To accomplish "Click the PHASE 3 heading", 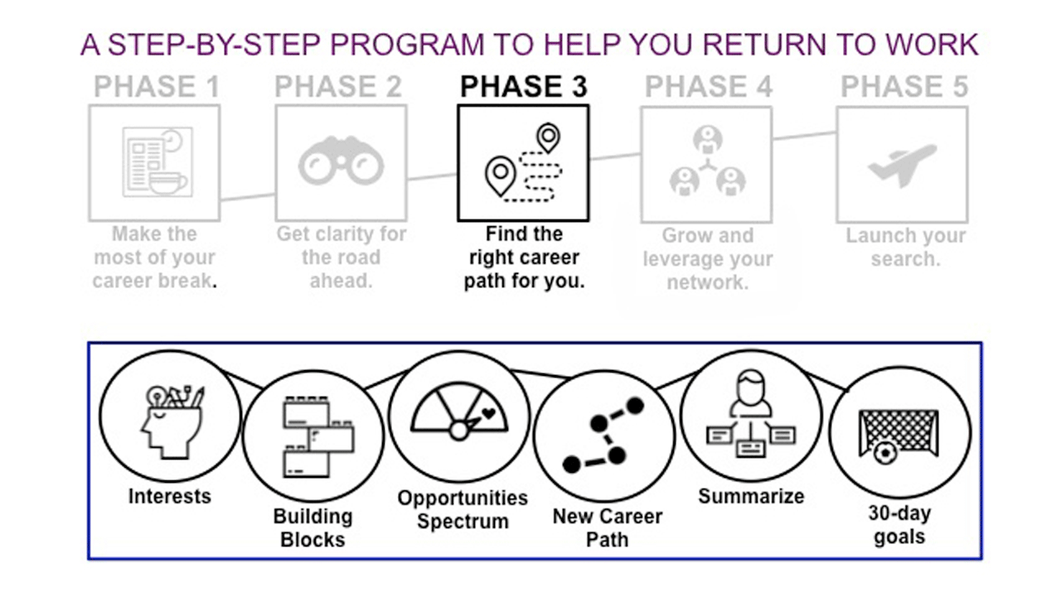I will click(x=523, y=86).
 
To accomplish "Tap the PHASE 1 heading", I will click(x=157, y=86).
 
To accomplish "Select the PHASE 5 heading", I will click(x=904, y=86).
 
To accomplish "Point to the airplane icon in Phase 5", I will click(x=902, y=164).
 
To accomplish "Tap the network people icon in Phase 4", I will click(x=706, y=161).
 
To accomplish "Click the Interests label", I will click(x=169, y=497).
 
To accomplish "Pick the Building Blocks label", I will click(x=312, y=527).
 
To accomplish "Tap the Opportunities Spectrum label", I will click(x=462, y=509).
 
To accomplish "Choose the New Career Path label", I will click(x=607, y=527).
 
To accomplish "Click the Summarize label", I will click(x=750, y=497).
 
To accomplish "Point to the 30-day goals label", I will click(x=899, y=524).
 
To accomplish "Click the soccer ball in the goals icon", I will click(x=885, y=453).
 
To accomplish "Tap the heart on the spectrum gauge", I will click(x=488, y=412).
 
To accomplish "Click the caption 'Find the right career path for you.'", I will click(x=523, y=258).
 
